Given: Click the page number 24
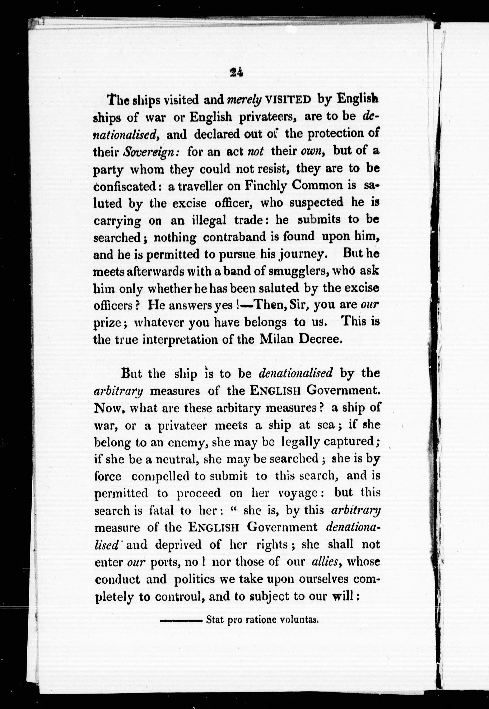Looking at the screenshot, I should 236,72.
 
